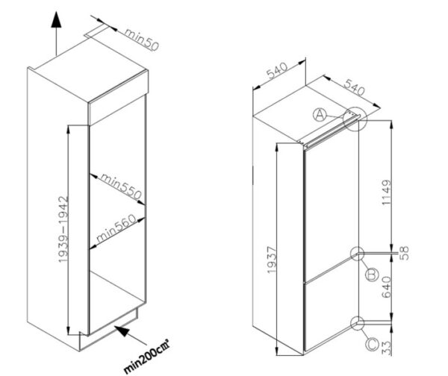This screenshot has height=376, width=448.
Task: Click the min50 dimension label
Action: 141,40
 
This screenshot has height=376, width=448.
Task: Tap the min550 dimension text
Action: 121,187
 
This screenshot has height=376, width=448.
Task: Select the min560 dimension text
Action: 117,228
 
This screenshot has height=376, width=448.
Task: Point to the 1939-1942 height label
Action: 63,229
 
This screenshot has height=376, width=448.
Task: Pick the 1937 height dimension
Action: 272,260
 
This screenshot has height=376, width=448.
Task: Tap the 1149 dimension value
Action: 386,192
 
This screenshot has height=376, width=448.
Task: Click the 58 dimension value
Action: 404,253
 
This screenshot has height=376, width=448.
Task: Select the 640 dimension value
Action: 386,287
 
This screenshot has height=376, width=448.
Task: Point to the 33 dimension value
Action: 386,348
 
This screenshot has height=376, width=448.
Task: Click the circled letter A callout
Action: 320,115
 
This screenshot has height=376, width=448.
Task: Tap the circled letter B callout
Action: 372,275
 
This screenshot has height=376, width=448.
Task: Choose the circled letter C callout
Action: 373,345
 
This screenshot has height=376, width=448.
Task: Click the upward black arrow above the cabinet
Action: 56,34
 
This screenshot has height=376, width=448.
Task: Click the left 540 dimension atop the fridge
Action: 277,70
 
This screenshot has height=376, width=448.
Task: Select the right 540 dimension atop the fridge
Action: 354,87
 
